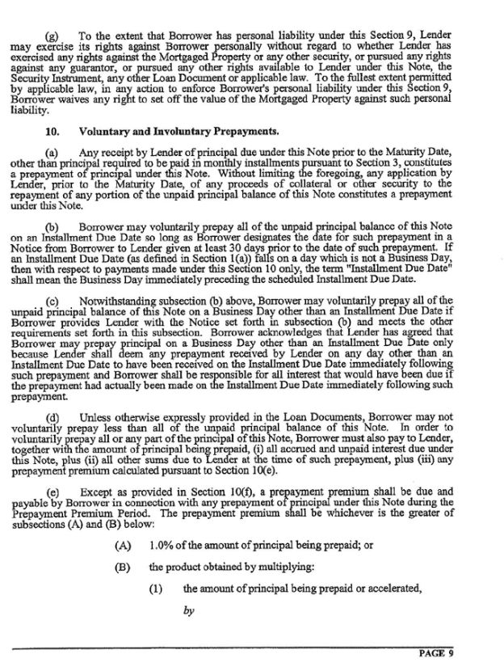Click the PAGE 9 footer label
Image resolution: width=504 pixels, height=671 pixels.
click(x=435, y=652)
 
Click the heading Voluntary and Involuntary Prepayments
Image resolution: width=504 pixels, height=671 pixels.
click(x=178, y=130)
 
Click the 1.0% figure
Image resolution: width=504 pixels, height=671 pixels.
click(x=162, y=544)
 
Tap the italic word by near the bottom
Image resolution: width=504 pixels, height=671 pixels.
click(x=189, y=611)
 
